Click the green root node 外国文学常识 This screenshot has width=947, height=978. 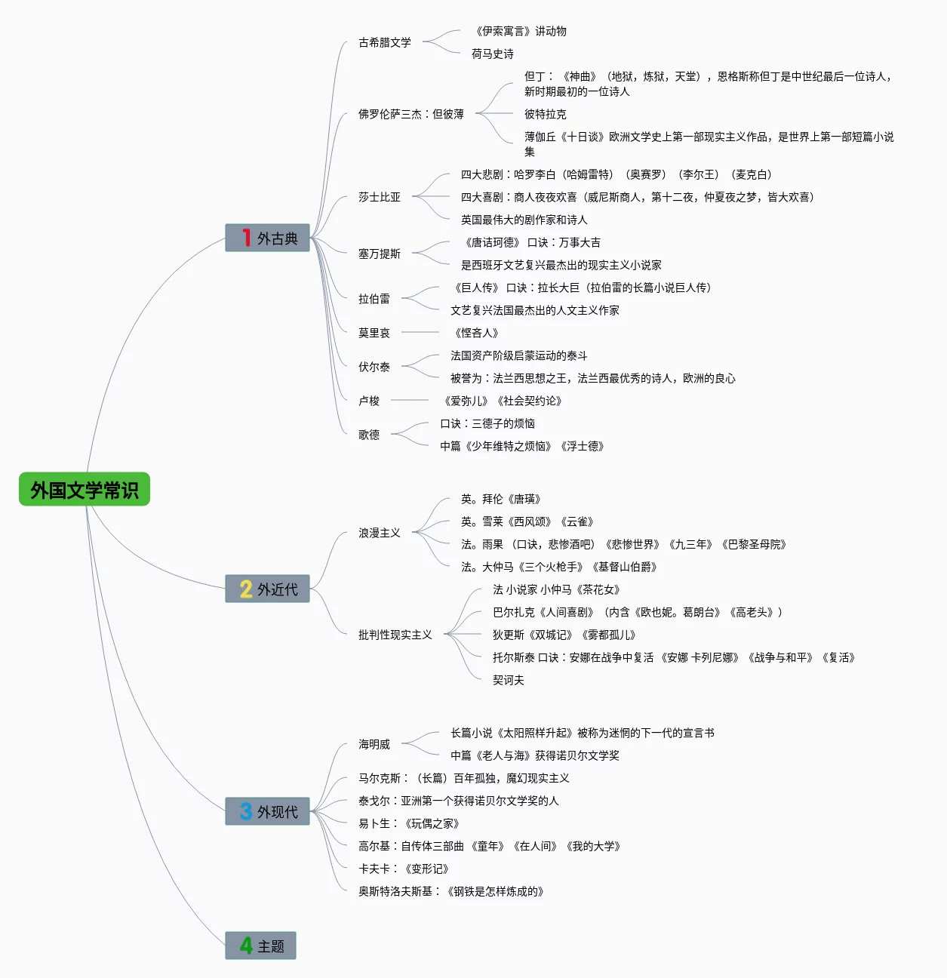click(x=85, y=489)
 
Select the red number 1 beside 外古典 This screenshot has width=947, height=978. click(x=246, y=238)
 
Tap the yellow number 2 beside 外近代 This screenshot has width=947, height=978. click(x=246, y=589)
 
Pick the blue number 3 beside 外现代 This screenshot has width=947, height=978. click(x=246, y=811)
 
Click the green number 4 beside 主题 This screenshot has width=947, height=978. click(x=246, y=946)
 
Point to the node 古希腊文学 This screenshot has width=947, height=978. click(x=385, y=43)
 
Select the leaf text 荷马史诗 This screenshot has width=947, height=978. click(x=493, y=54)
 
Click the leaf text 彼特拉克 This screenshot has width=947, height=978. click(x=546, y=114)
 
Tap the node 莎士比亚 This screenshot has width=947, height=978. click(x=380, y=197)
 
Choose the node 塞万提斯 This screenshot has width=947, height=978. click(x=380, y=254)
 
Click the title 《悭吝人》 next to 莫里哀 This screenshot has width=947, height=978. click(x=475, y=333)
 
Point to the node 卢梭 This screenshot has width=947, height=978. click(x=369, y=401)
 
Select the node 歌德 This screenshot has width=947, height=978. click(x=369, y=435)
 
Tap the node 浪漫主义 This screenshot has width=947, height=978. click(x=380, y=533)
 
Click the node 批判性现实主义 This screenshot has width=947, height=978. click(x=395, y=635)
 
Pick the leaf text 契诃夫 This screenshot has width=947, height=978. click(x=508, y=680)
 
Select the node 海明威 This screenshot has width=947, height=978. click(x=374, y=744)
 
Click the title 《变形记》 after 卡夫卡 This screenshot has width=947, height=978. click(x=427, y=869)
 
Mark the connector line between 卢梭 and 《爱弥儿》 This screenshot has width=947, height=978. click(x=410, y=400)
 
